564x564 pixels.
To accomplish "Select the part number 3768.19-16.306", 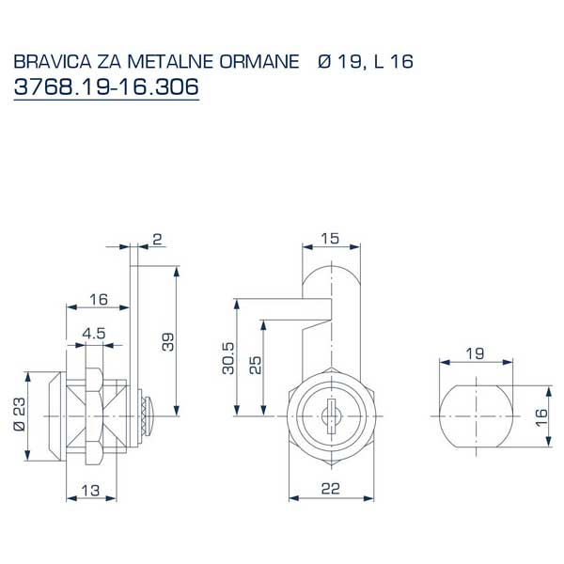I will [106, 86].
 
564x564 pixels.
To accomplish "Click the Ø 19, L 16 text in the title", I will [367, 63].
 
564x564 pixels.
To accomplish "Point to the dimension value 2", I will [156, 240].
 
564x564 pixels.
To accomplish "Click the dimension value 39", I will [167, 341].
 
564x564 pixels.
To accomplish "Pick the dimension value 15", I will [330, 239].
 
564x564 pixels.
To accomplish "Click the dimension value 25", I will [254, 365].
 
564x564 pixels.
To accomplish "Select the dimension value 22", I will [332, 488].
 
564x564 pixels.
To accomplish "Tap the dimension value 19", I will [476, 352].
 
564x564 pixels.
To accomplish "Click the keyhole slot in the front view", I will [331, 415].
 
